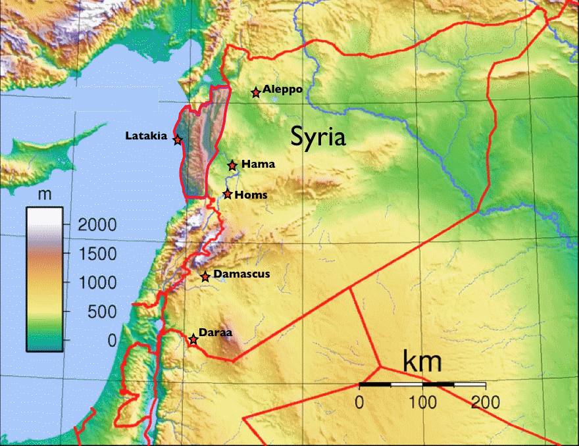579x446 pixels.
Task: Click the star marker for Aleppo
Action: [256, 93]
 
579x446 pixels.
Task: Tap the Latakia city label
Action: [146, 136]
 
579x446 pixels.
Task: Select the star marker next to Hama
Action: [232, 165]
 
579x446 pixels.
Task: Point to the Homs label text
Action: [251, 195]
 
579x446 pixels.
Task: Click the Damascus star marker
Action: [205, 277]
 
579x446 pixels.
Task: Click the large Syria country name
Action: [318, 137]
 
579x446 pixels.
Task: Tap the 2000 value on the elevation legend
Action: [97, 225]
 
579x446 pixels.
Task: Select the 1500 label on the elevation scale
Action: [97, 254]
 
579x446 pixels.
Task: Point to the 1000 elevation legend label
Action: [97, 283]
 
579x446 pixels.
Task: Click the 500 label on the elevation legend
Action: [102, 312]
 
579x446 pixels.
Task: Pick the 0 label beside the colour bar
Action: [112, 340]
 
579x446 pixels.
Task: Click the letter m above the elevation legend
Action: [45, 195]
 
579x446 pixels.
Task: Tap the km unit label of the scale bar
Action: [422, 362]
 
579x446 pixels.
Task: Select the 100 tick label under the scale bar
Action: [422, 401]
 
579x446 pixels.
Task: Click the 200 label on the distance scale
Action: [485, 401]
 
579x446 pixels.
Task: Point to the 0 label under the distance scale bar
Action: [359, 401]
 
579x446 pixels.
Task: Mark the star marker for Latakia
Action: [178, 139]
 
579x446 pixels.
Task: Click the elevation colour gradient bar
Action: [45, 280]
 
